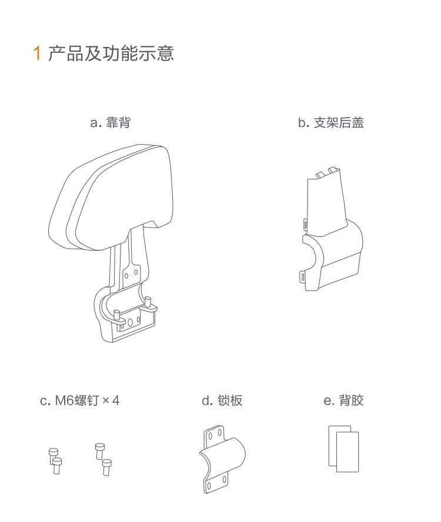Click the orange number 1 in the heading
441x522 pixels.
37,53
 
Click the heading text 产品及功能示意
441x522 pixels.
111,53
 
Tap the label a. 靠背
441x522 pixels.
111,122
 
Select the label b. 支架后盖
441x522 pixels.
330,122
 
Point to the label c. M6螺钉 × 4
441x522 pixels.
79,400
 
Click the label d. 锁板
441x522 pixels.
222,400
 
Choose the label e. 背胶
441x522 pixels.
343,400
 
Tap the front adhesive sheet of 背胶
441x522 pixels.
348,452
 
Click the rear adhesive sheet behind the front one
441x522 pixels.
332,446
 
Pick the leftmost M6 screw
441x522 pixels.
53,454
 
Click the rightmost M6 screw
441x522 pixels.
107,467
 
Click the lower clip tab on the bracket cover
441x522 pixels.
302,276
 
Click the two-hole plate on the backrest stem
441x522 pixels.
132,273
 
